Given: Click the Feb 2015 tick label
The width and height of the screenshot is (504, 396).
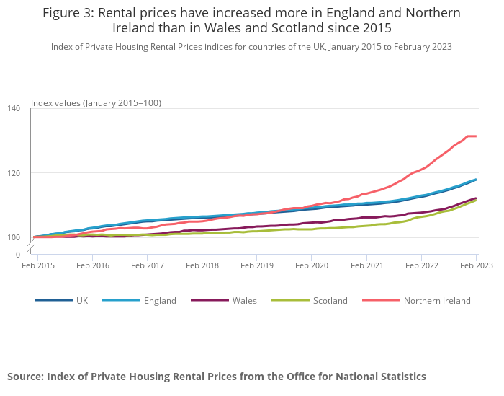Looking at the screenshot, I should (37, 265).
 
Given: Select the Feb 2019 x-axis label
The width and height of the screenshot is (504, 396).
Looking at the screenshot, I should (256, 265).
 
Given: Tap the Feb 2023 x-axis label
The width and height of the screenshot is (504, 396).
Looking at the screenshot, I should (475, 265).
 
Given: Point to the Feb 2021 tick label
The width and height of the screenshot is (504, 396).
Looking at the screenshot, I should (366, 265).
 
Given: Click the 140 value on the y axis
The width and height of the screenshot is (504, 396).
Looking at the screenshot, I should (14, 108).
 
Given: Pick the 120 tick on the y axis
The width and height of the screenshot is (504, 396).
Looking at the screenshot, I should (14, 173).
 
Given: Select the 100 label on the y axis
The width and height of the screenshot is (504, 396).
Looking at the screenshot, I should (14, 238).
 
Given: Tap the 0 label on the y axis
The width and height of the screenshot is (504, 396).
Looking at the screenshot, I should (18, 255).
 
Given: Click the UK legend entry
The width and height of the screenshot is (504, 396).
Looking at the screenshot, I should (81, 300).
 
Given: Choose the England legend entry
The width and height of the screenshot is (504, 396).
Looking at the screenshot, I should (159, 300).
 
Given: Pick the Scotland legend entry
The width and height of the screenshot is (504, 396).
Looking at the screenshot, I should (330, 300).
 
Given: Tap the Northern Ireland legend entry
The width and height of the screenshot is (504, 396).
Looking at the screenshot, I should (436, 300).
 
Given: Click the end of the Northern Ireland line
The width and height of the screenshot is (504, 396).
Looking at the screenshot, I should (476, 136).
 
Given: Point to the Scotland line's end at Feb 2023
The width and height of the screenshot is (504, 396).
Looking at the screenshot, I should (476, 201).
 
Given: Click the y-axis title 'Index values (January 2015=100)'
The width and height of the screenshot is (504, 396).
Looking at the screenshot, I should (96, 103).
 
